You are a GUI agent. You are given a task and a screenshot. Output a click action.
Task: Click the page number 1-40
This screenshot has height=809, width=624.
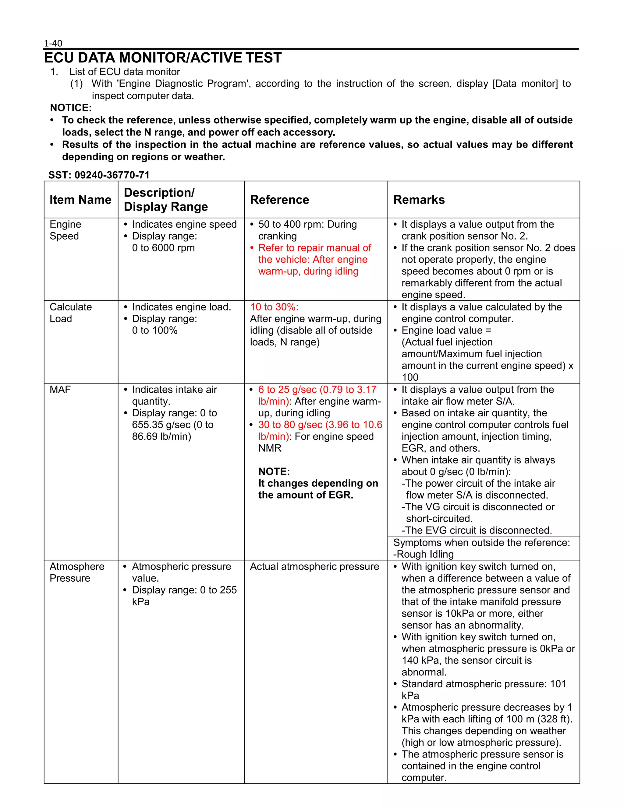click(x=53, y=43)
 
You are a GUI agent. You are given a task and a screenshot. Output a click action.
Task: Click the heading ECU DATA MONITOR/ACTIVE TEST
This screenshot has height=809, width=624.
click(x=163, y=58)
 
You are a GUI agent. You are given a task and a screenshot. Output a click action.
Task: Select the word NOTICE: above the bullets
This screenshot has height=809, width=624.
click(x=71, y=108)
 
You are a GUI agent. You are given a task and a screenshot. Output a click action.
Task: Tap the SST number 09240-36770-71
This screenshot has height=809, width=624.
click(x=112, y=175)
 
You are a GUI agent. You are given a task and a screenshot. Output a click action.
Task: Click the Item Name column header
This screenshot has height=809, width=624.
click(x=80, y=200)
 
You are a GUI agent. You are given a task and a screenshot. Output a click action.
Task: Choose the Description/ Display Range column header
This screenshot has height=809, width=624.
click(x=166, y=200)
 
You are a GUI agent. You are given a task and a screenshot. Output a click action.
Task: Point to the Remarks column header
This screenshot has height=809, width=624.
click(x=419, y=200)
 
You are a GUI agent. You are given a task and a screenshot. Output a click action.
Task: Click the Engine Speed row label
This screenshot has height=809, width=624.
click(x=65, y=230)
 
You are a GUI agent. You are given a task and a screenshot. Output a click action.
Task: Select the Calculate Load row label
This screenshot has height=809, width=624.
click(x=70, y=313)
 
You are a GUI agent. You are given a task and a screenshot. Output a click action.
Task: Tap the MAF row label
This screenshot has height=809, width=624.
click(x=60, y=389)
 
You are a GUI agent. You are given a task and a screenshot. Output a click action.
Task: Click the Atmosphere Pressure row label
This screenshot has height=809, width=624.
click(x=77, y=572)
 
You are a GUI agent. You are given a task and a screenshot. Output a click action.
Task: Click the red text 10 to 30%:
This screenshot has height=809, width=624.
click(x=274, y=307)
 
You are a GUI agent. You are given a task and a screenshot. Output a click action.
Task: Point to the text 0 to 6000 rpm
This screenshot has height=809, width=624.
click(x=163, y=248)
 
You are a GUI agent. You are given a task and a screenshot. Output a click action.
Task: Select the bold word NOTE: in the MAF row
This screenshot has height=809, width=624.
click(x=274, y=471)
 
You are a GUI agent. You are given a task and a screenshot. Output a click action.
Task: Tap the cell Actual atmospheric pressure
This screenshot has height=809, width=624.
click(x=314, y=566)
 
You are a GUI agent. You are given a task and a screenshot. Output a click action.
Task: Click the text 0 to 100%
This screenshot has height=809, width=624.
click(x=154, y=331)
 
